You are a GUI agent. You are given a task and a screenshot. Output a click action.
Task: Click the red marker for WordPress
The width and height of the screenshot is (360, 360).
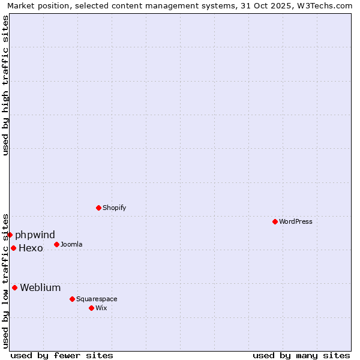tap(275, 222)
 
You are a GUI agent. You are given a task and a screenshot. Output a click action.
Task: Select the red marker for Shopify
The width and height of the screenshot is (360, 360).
tap(99, 208)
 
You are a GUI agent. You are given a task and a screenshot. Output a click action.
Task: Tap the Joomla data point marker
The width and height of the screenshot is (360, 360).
tap(57, 244)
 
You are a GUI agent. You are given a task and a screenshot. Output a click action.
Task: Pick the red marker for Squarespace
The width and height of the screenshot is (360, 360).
tap(73, 299)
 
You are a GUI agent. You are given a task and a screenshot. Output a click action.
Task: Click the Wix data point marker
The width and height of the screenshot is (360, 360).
tap(92, 308)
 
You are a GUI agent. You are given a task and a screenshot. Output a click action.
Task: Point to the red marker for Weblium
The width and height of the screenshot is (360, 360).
tap(15, 288)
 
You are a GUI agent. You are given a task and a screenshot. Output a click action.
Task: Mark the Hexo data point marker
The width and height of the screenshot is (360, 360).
tap(14, 248)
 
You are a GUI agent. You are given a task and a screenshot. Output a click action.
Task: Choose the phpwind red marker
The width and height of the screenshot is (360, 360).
tap(10, 235)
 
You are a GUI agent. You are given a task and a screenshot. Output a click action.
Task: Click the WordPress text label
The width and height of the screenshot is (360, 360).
tap(296, 222)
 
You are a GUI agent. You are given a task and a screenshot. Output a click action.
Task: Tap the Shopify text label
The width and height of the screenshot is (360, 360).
tap(114, 208)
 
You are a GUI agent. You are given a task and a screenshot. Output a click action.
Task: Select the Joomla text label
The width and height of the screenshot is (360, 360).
tap(71, 245)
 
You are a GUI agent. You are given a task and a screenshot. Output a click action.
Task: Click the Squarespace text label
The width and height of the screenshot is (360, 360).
tap(97, 299)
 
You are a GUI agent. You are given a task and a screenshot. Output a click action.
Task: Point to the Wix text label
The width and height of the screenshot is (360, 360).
tap(101, 308)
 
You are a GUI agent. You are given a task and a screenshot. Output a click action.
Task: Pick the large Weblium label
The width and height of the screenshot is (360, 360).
tap(40, 288)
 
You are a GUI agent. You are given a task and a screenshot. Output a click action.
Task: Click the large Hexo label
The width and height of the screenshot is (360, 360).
tap(31, 248)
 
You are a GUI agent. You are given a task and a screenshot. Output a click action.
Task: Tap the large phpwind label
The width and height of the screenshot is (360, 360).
tap(35, 235)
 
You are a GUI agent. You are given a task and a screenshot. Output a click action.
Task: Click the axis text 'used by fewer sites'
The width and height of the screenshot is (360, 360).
tap(62, 356)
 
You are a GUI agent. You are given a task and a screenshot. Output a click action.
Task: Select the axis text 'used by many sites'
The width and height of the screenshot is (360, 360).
tap(301, 356)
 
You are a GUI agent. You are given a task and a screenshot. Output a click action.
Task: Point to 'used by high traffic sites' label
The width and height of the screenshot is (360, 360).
tap(6, 85)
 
